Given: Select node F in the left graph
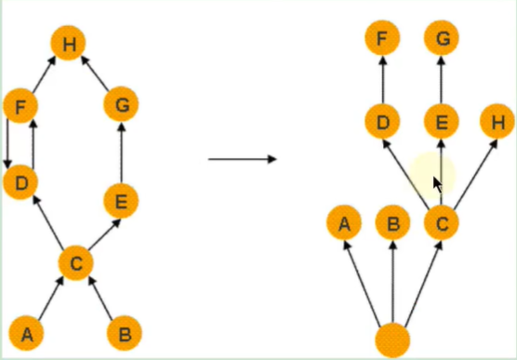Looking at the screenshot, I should pyautogui.click(x=20, y=105).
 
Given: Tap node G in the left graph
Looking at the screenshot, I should pyautogui.click(x=121, y=105).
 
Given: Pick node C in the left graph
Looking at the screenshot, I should pyautogui.click(x=76, y=263).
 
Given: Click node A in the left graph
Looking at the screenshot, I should pyautogui.click(x=26, y=332).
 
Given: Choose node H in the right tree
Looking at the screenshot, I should pyautogui.click(x=497, y=121).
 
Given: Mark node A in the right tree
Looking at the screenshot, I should pyautogui.click(x=344, y=223).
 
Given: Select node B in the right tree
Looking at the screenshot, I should pyautogui.click(x=392, y=223).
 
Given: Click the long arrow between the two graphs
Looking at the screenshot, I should pyautogui.click(x=242, y=158).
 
